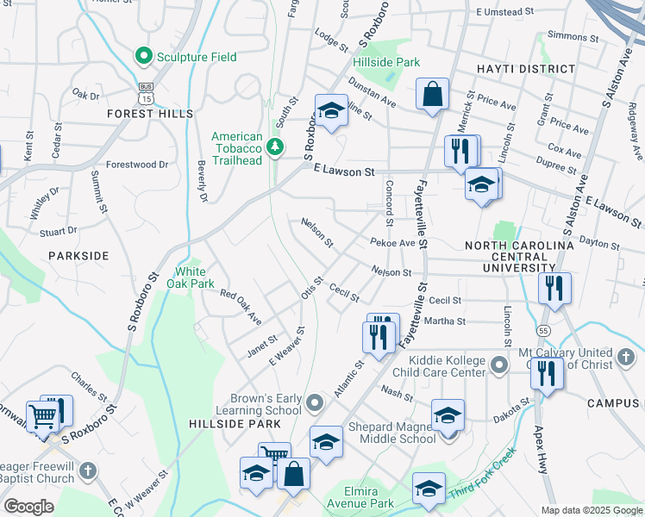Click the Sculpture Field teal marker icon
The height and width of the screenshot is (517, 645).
[x=144, y=57]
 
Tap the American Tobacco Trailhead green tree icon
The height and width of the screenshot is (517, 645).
[x=275, y=147]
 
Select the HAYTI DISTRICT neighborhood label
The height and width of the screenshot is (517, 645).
[x=526, y=69]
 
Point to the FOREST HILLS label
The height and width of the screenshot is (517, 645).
[x=150, y=114]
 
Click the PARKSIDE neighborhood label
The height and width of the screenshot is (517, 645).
[x=78, y=256]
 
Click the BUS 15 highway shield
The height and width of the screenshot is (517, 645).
[x=145, y=93]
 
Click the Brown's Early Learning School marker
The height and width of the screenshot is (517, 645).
[x=316, y=402]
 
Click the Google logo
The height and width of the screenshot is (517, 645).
[x=28, y=507]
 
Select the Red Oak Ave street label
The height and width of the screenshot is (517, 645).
[x=241, y=307]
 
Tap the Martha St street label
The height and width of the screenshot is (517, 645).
[x=447, y=321]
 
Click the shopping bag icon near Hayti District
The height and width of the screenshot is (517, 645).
[x=432, y=96]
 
